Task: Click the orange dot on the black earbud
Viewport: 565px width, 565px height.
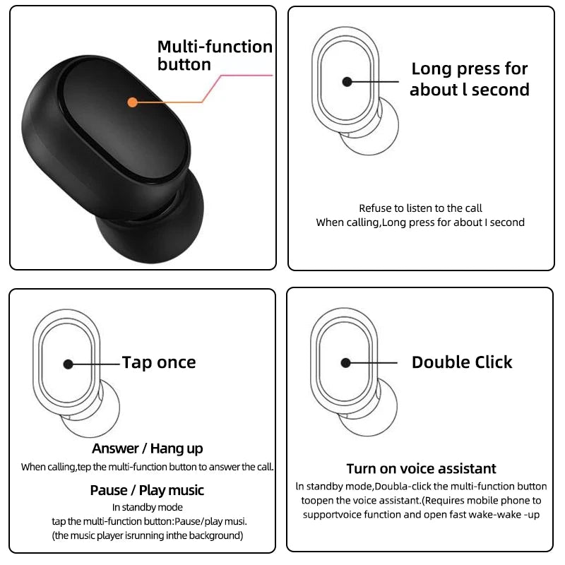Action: pos(132,102)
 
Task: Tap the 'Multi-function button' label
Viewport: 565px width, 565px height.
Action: pos(214,56)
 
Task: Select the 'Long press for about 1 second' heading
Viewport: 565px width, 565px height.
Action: pos(469,79)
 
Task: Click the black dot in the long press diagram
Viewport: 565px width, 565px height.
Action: pos(347,82)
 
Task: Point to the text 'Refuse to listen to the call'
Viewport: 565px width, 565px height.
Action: pos(420,208)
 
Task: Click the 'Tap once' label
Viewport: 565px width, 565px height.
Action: pos(159,362)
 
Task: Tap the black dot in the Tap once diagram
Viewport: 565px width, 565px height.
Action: pos(68,364)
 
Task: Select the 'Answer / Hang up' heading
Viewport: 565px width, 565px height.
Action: pos(147,448)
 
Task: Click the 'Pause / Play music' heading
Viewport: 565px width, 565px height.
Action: pos(147,490)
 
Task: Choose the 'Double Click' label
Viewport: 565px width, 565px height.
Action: pos(462,362)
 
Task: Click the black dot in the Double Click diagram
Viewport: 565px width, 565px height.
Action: pos(345,362)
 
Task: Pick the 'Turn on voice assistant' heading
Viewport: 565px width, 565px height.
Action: pos(421,468)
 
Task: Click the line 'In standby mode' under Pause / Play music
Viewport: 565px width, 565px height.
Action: pos(147,507)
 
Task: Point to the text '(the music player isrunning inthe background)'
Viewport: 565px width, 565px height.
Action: pos(147,535)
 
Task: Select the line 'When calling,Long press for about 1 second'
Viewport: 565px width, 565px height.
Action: pos(420,222)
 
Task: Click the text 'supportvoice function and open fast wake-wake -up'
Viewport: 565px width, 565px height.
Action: pos(421,514)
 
